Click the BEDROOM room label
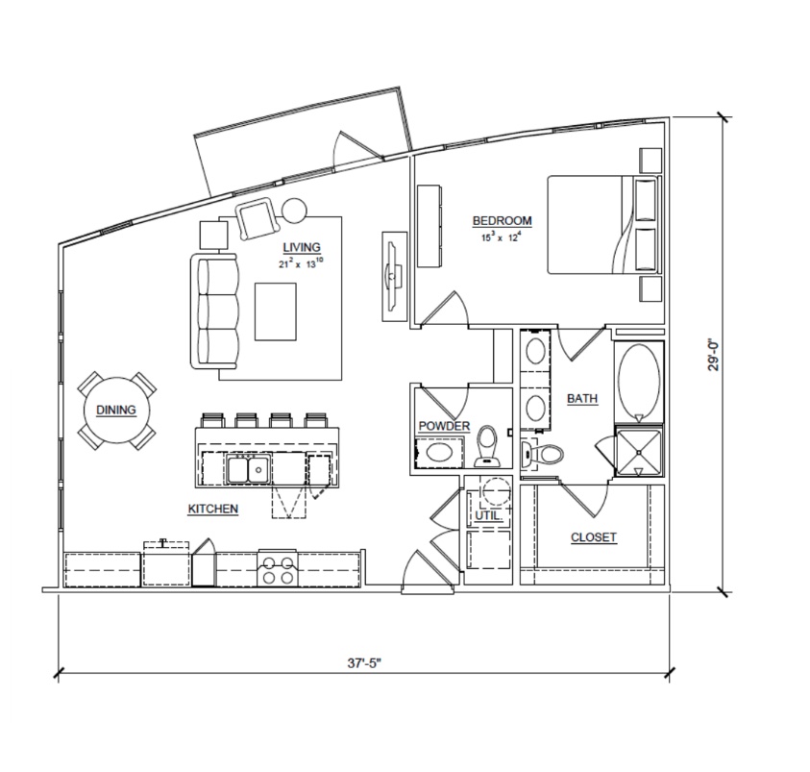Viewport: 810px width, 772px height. click(x=503, y=221)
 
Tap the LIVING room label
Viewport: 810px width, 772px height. click(x=302, y=247)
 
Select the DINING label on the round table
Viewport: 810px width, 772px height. click(x=116, y=410)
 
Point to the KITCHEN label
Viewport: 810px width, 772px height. click(x=213, y=509)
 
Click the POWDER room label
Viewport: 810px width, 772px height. click(x=444, y=426)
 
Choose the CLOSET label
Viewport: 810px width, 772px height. click(x=594, y=537)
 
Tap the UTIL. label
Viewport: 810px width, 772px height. click(x=489, y=515)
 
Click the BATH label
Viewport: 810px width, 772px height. click(x=582, y=399)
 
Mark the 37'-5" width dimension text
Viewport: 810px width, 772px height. click(x=363, y=663)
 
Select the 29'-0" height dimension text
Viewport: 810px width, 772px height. click(x=713, y=355)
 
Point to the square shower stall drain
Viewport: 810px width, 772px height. click(x=639, y=453)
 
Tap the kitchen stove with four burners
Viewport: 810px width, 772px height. click(x=278, y=568)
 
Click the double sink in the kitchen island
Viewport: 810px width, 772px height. click(x=248, y=469)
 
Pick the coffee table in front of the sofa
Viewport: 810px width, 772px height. click(x=276, y=311)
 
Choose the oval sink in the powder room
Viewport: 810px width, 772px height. click(x=440, y=453)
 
